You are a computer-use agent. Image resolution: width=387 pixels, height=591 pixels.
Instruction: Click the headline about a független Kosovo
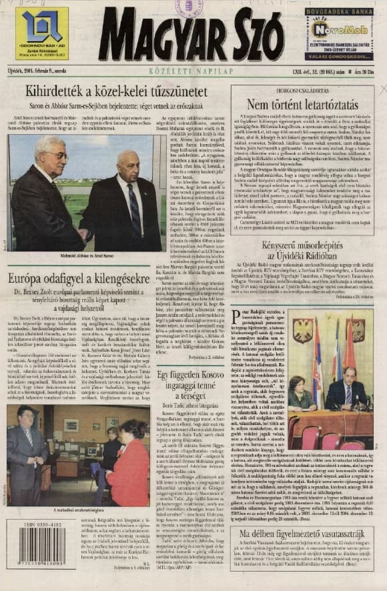[x=191, y=386]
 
